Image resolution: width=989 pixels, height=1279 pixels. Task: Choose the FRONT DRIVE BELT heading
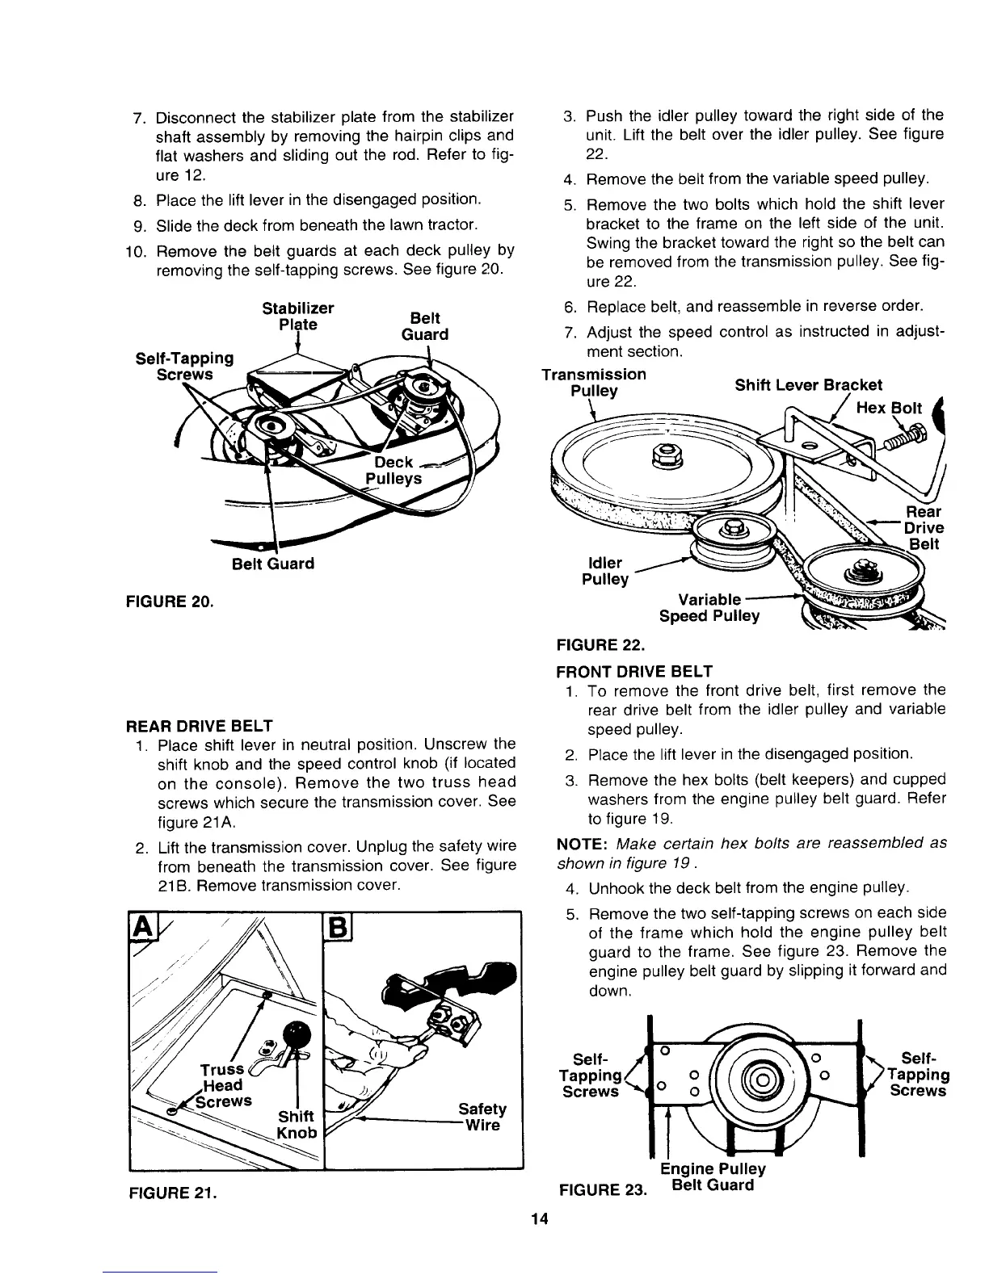tap(634, 671)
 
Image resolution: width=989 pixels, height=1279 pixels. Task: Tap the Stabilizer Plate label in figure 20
tap(298, 317)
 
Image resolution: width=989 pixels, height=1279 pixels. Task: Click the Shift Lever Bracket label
tap(808, 384)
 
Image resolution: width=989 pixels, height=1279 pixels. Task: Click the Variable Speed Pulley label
tap(709, 608)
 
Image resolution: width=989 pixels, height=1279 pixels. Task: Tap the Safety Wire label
tap(482, 1117)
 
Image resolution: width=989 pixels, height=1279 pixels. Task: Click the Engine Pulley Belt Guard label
tap(712, 1178)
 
